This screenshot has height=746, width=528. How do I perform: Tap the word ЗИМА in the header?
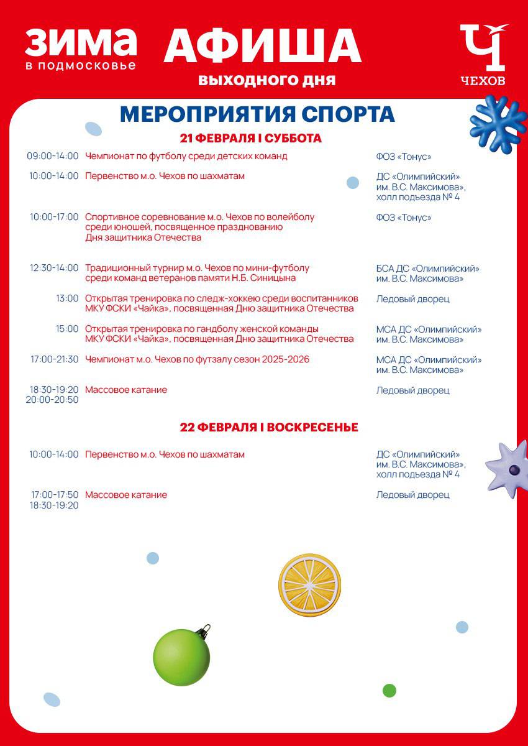(81, 42)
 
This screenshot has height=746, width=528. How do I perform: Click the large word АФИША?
(262, 45)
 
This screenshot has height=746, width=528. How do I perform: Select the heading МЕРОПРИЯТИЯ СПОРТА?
(257, 114)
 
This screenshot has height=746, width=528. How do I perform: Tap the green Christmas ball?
(181, 657)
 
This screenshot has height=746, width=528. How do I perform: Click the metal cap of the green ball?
(203, 631)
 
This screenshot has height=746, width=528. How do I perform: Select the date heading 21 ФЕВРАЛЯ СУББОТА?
(250, 138)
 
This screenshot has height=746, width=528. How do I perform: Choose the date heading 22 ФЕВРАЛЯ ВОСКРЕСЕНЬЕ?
(268, 427)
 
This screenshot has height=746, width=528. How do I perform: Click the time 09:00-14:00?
(53, 156)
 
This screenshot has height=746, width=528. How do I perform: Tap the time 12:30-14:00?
(54, 268)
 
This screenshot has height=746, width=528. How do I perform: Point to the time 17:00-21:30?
(54, 359)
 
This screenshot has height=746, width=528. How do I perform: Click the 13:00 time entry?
(67, 298)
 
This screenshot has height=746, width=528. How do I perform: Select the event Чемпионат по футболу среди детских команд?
(186, 156)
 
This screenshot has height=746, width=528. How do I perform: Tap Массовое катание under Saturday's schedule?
(125, 390)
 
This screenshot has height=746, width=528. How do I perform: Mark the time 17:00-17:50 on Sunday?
(55, 495)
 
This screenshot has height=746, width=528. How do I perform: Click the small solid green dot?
(389, 690)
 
